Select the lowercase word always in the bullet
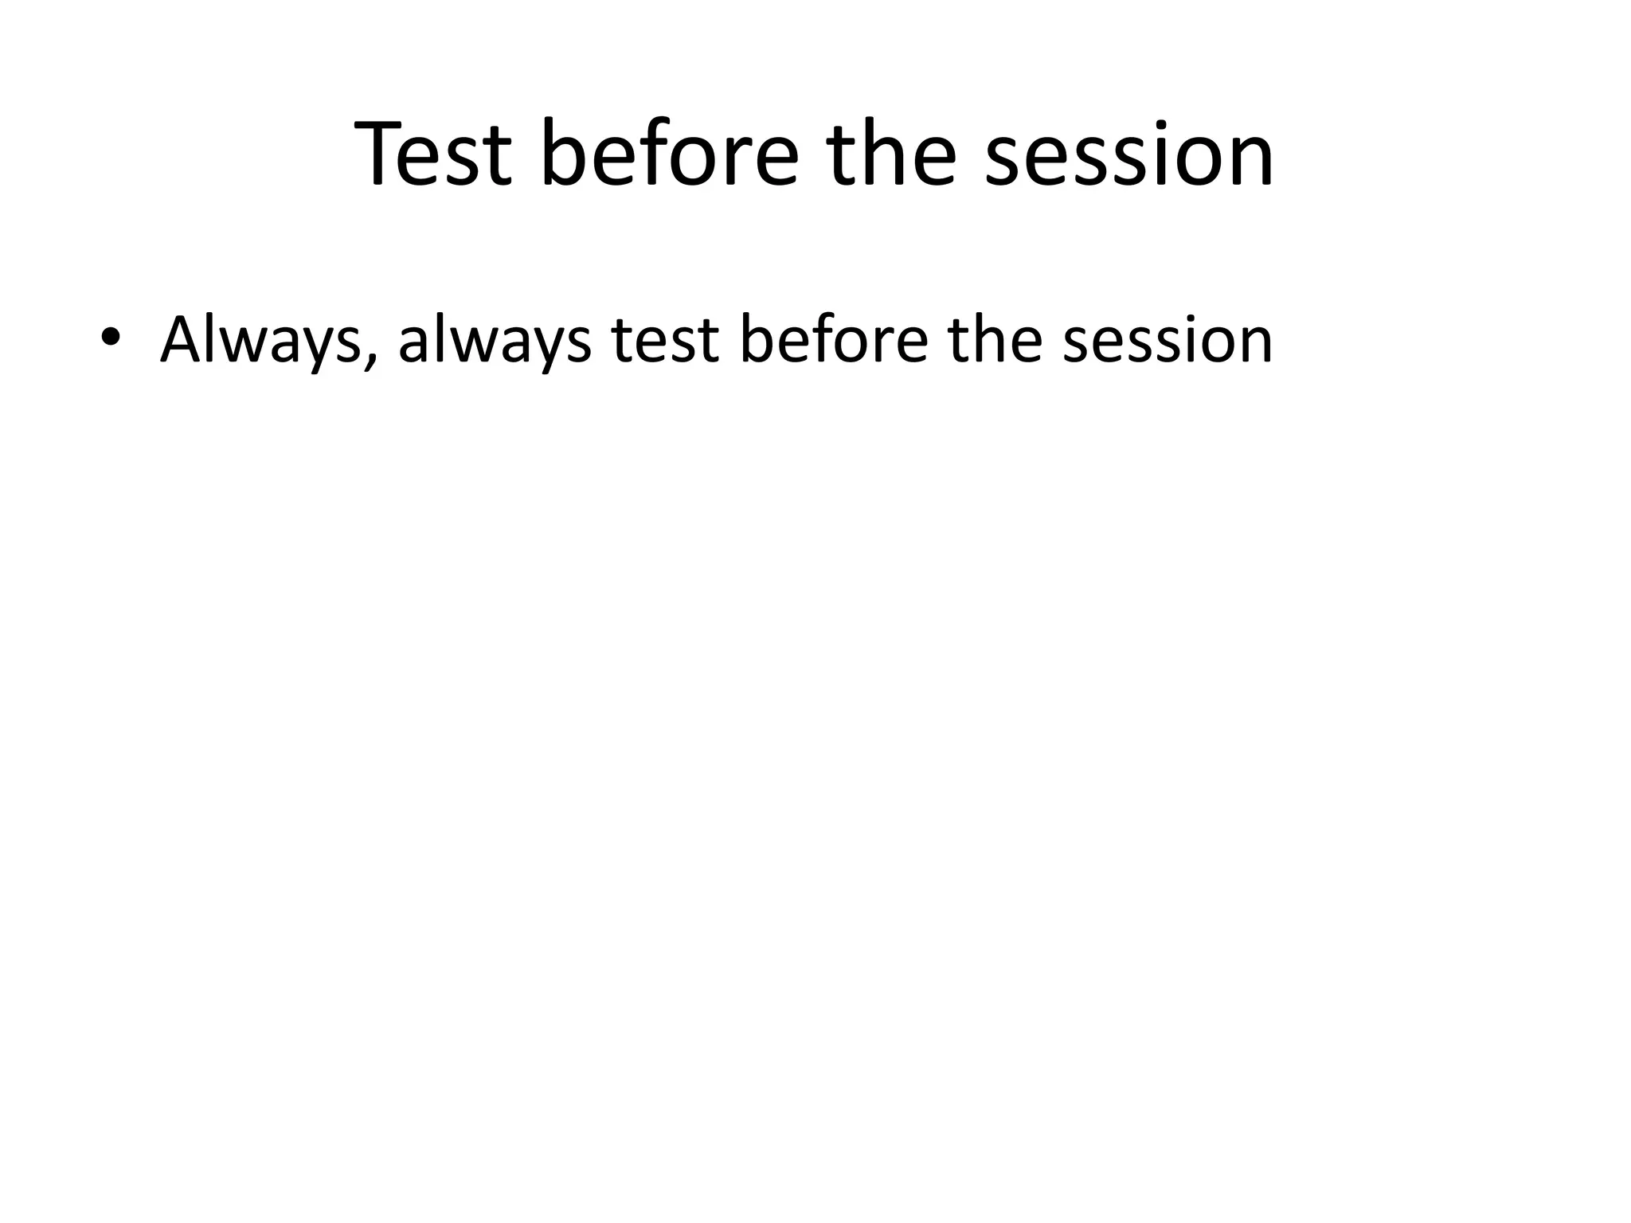point(495,341)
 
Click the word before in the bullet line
point(833,341)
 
